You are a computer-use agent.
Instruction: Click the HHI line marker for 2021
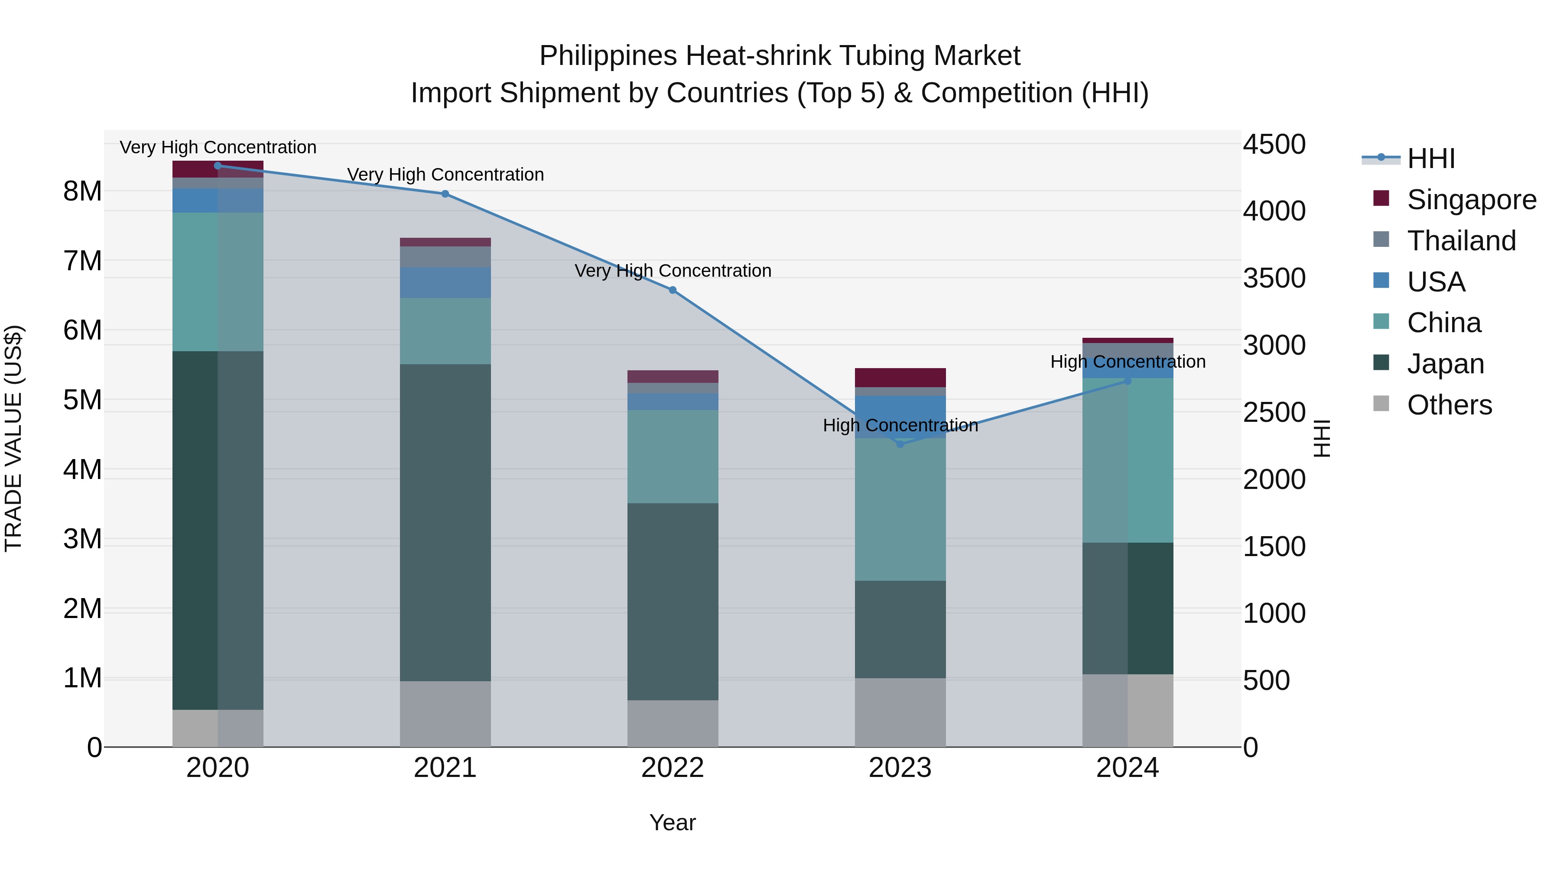click(445, 194)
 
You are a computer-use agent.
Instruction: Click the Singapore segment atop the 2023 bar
click(900, 377)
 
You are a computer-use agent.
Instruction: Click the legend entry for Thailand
click(1461, 241)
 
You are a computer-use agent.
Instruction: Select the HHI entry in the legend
click(1430, 159)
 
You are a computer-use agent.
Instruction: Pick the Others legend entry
click(1449, 405)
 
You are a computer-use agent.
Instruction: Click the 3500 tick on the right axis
click(1274, 278)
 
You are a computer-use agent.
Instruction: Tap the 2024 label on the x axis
click(1127, 768)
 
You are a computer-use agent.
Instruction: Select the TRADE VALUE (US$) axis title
click(13, 438)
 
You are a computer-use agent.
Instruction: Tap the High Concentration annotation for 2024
click(1128, 362)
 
